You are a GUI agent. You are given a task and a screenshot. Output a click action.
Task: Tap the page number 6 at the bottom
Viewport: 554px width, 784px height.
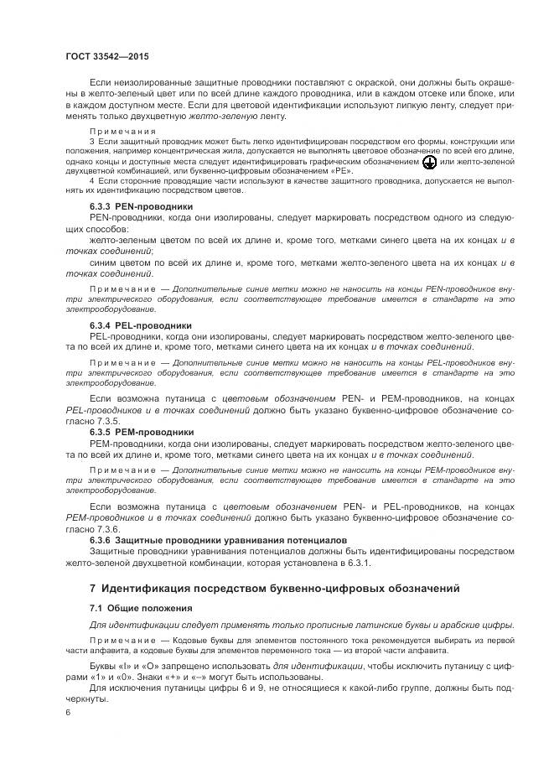(x=68, y=712)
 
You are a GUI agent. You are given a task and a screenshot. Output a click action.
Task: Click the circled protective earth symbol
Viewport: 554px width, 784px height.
(x=428, y=161)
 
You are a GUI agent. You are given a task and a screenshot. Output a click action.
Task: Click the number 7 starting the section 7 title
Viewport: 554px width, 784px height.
(x=93, y=589)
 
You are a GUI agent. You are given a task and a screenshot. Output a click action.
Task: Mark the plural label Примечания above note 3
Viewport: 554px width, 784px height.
(x=123, y=132)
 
